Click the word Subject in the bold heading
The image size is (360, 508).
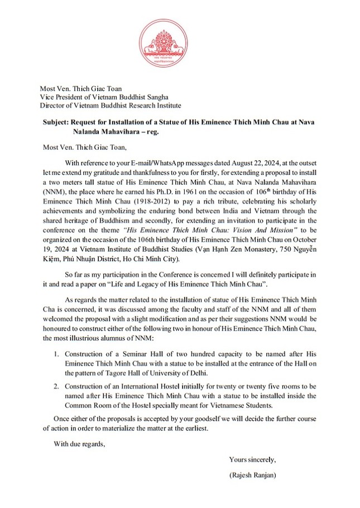(57, 122)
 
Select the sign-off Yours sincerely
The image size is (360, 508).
(252, 459)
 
